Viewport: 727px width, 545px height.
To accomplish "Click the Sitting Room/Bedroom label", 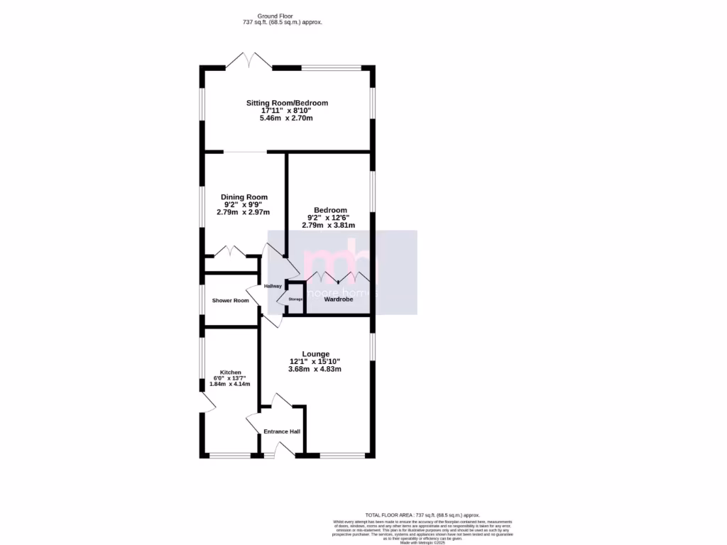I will (x=287, y=103).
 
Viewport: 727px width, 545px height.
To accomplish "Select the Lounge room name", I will (x=315, y=354).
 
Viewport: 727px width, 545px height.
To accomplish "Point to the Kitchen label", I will (x=230, y=373).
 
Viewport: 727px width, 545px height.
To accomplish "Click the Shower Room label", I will (x=231, y=301).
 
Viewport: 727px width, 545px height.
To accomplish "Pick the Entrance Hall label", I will (x=282, y=431).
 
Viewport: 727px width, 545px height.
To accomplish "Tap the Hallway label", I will (x=273, y=287).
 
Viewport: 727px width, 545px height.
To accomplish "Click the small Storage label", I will (x=295, y=299).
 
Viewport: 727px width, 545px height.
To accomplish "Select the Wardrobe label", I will (x=339, y=300).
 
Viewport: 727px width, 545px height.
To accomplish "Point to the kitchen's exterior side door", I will (x=207, y=402).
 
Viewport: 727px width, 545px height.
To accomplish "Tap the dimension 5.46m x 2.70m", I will (x=287, y=118).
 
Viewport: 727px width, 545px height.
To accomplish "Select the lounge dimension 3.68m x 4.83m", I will (x=315, y=369).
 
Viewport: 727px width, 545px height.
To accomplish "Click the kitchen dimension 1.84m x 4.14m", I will (x=230, y=384).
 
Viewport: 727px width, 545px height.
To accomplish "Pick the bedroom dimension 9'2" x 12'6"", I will (x=331, y=218).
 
